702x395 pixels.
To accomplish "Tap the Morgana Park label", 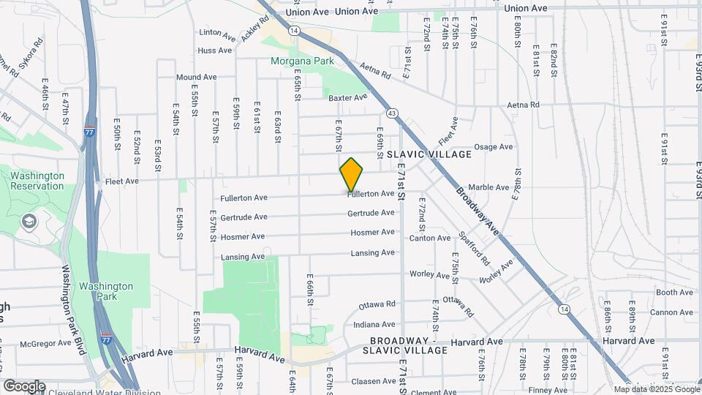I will pyautogui.click(x=302, y=61).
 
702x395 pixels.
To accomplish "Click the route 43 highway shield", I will pyautogui.click(x=393, y=113).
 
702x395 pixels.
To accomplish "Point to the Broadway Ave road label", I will pyautogui.click(x=478, y=213).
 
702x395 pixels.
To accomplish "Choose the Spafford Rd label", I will pyautogui.click(x=474, y=249).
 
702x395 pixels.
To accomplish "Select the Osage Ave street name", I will pyautogui.click(x=494, y=147).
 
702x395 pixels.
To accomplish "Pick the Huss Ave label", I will pyautogui.click(x=215, y=50).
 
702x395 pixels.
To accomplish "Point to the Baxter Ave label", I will pyautogui.click(x=347, y=97).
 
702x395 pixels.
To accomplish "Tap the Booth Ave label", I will pyautogui.click(x=674, y=293).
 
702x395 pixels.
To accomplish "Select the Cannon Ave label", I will pyautogui.click(x=671, y=312).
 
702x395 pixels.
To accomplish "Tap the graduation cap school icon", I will pyautogui.click(x=29, y=222).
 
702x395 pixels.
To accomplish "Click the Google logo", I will pyautogui.click(x=24, y=385).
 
